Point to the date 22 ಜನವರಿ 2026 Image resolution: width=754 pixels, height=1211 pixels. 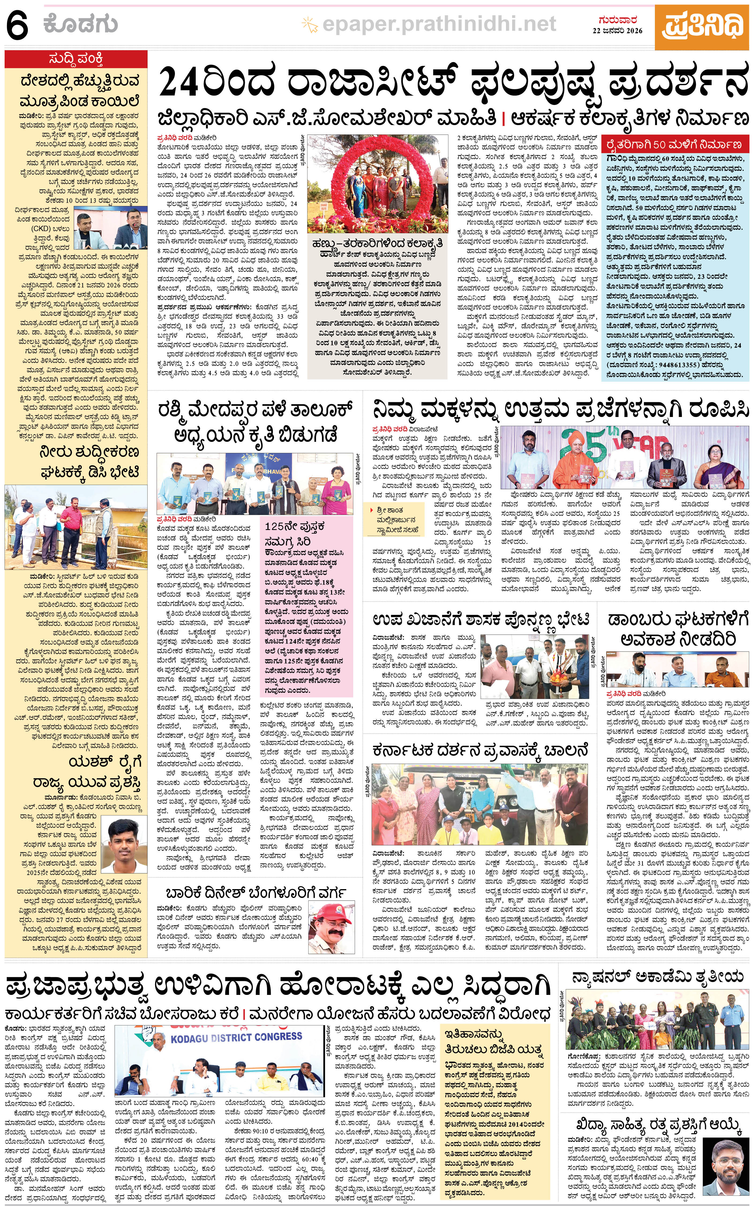[617, 31]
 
